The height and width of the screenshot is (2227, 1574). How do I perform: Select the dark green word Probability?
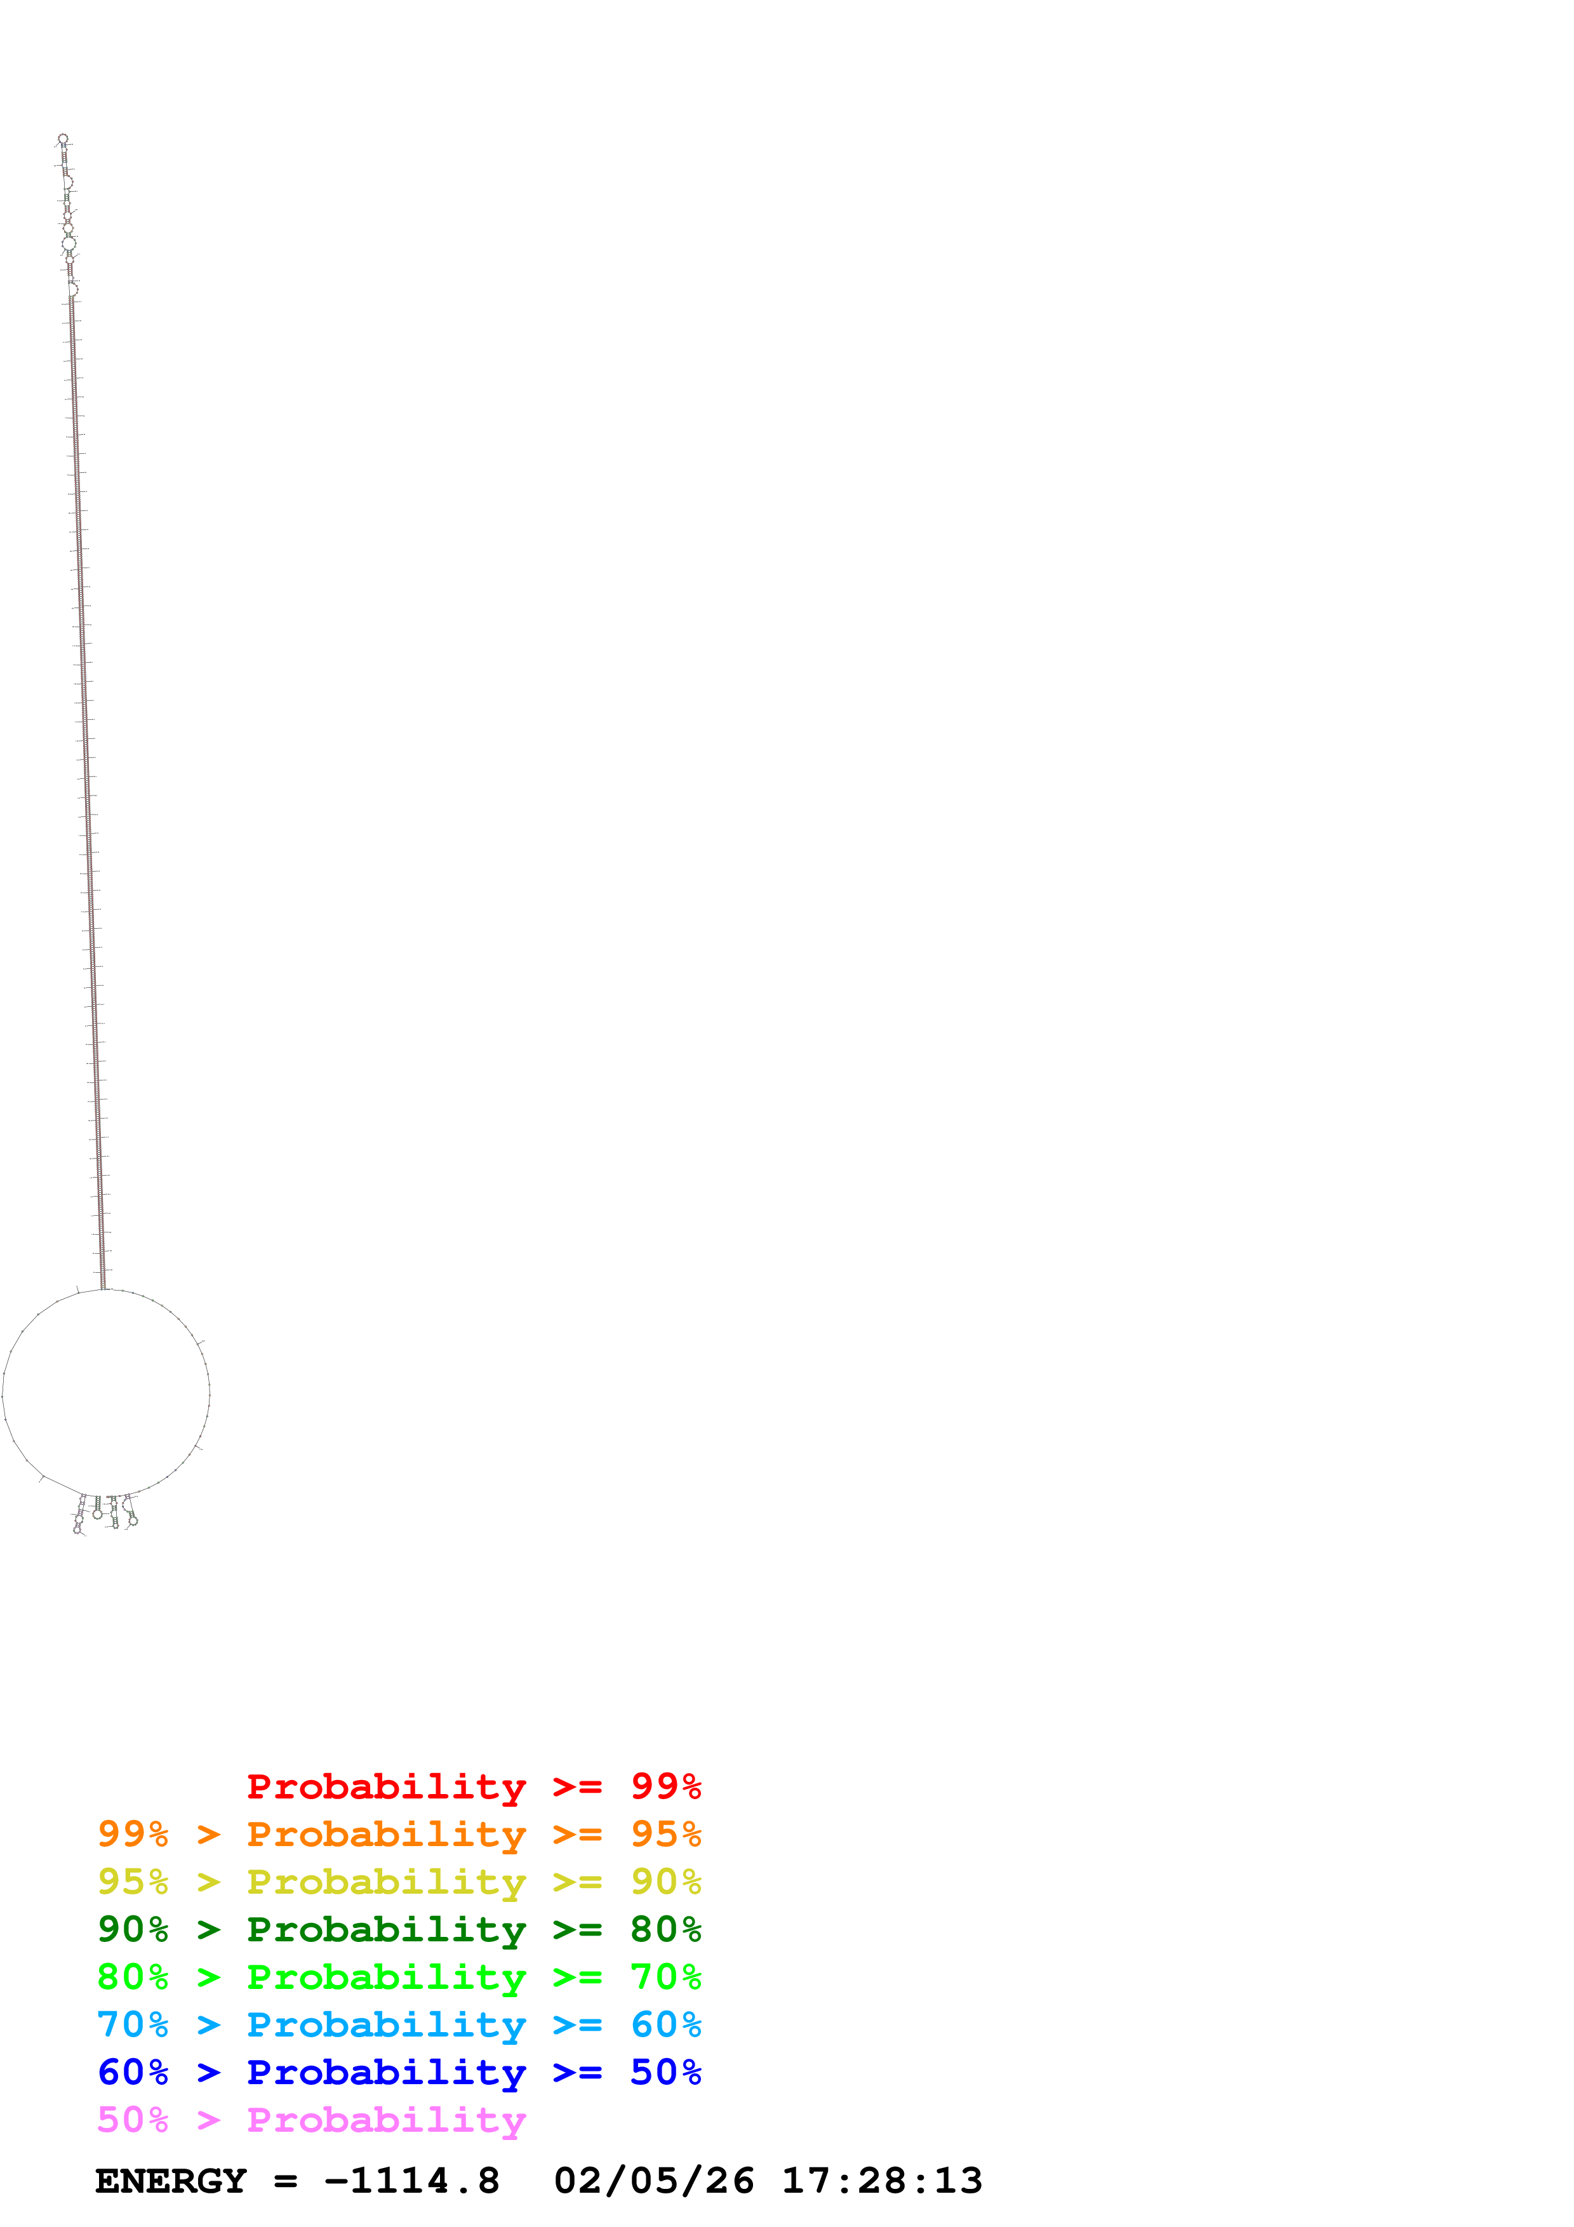pos(386,1929)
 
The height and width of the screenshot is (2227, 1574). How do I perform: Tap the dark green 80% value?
pos(665,1929)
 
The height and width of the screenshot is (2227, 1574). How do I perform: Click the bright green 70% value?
pos(665,1977)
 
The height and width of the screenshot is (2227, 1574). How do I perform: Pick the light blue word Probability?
pos(386,2024)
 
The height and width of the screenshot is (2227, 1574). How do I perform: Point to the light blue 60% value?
pos(665,2024)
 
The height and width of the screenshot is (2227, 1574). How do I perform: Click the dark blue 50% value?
pos(665,2072)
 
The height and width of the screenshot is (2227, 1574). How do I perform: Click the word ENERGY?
pos(171,2181)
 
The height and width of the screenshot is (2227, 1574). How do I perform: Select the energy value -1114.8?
pos(412,2181)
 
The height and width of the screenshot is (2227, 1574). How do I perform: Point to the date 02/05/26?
pos(653,2181)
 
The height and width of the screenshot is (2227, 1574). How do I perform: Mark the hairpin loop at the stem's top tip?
pos(63,138)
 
